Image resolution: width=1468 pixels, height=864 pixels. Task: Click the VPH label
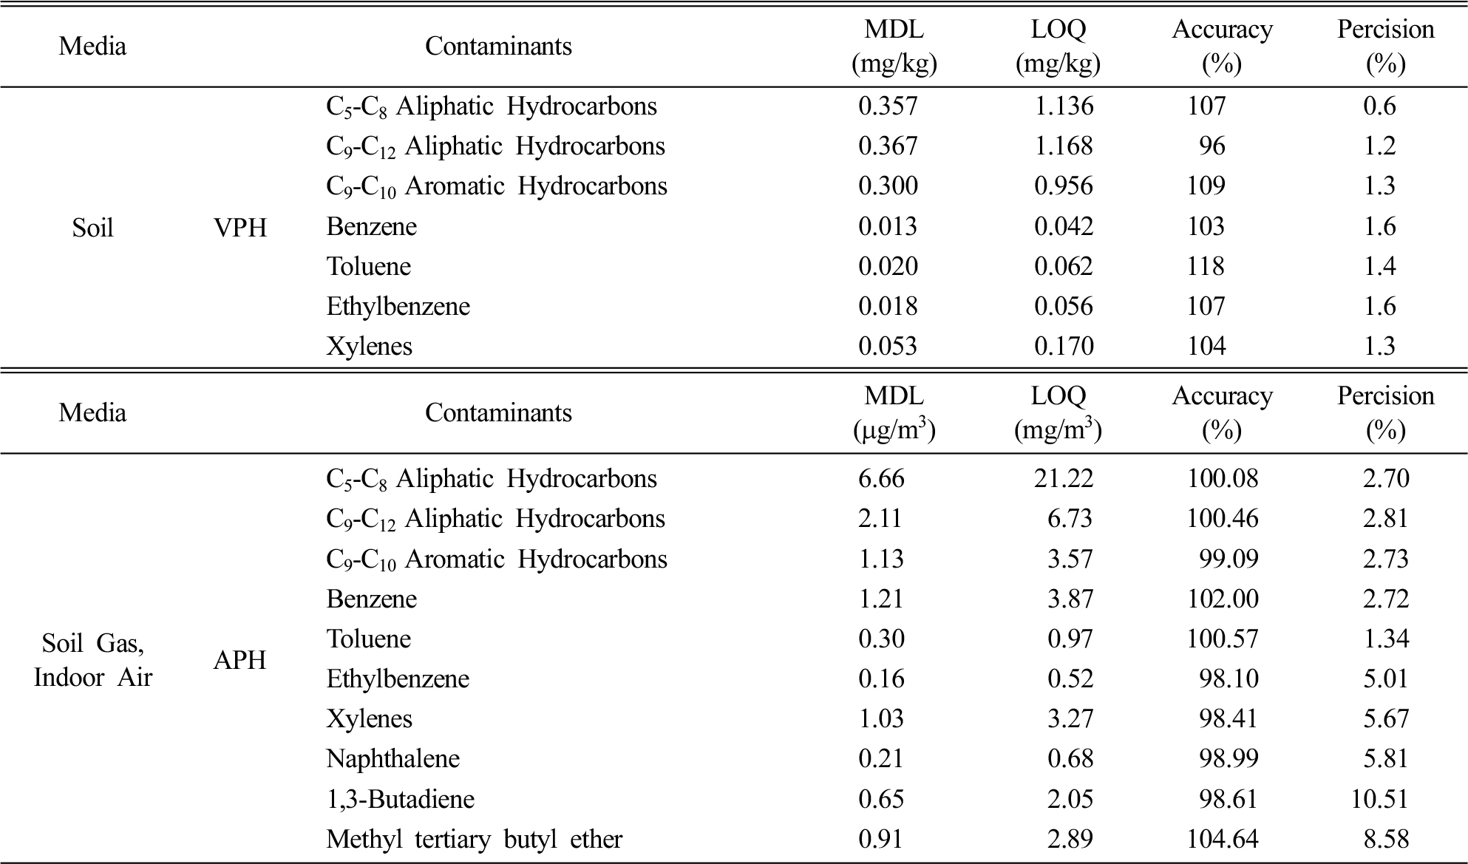[239, 228]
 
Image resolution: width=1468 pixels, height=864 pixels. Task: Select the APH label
[239, 659]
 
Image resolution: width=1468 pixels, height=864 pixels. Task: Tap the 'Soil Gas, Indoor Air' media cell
[92, 660]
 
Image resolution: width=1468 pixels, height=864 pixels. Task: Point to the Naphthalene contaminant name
[393, 758]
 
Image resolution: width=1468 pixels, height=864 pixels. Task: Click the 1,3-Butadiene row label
[400, 799]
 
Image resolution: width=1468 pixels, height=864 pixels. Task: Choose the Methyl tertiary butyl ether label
[474, 839]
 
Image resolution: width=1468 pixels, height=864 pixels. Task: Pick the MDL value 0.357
[888, 106]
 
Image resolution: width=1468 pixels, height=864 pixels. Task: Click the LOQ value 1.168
[1064, 146]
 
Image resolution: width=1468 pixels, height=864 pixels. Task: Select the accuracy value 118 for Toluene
[1206, 266]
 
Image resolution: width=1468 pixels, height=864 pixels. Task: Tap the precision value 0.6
[1379, 106]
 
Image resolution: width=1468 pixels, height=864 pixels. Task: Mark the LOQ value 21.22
[1063, 478]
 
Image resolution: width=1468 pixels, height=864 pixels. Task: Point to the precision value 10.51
[1379, 799]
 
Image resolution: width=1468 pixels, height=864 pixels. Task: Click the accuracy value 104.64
[1223, 839]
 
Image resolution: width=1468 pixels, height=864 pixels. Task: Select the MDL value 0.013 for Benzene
[888, 226]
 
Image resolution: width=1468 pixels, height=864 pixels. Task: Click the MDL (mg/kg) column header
[894, 47]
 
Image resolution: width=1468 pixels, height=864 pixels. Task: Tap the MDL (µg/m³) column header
[894, 412]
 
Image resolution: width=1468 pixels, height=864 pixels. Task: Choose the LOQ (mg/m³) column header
[1058, 412]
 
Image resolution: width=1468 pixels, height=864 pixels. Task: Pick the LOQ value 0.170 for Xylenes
[1064, 346]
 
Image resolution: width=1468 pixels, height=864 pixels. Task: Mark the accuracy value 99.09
[1229, 559]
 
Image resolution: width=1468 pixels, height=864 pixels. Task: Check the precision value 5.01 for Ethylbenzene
[1386, 678]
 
